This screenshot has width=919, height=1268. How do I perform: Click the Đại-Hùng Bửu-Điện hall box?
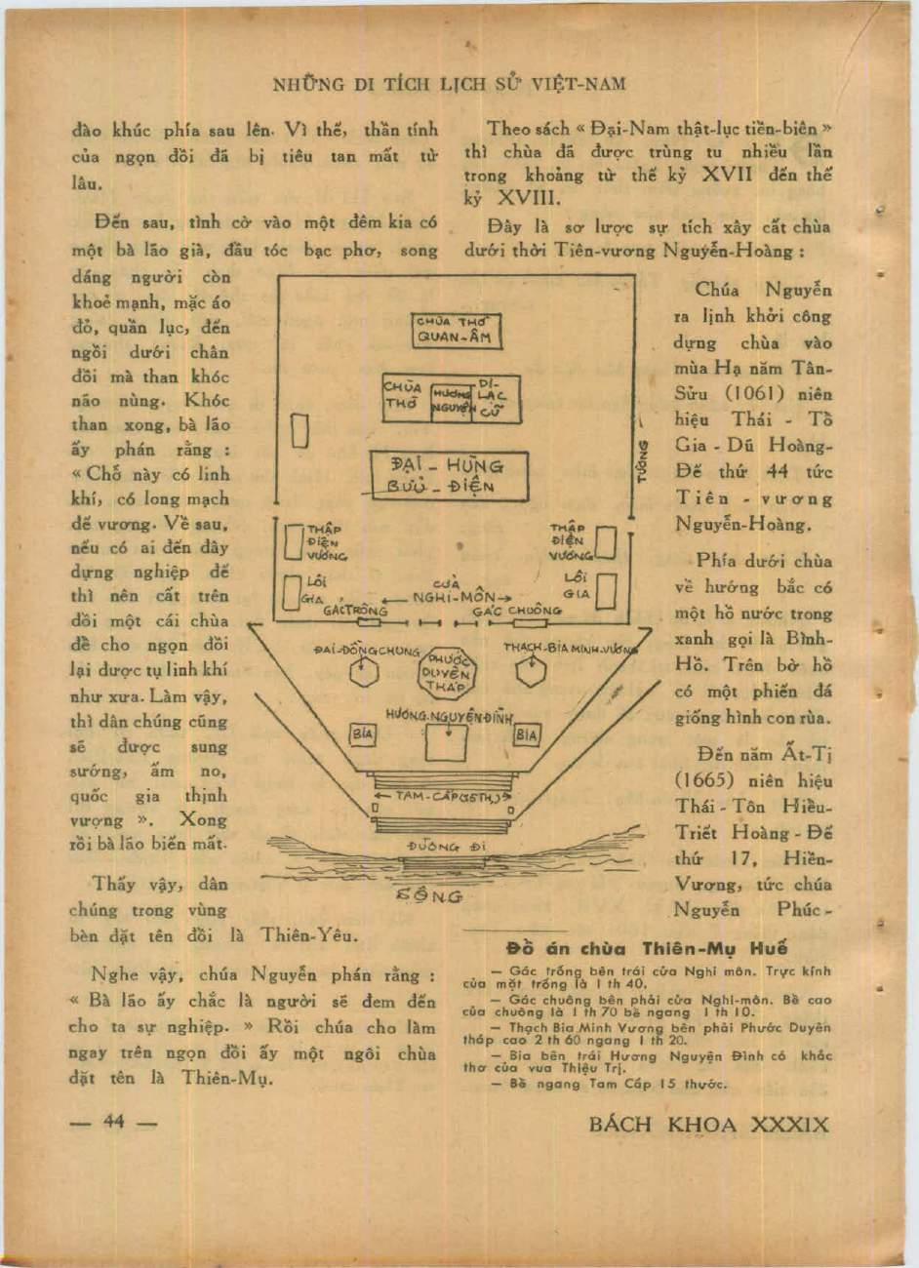click(x=449, y=475)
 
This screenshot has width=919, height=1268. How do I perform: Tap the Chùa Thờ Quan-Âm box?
click(x=457, y=331)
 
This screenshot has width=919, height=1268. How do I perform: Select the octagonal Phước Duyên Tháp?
click(x=448, y=672)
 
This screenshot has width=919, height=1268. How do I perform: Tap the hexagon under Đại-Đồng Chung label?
click(x=365, y=672)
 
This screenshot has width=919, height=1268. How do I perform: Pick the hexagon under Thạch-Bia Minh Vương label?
click(x=532, y=672)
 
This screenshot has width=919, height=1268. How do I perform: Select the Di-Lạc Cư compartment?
click(x=491, y=396)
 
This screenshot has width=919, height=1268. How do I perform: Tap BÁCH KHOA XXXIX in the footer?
click(x=709, y=1124)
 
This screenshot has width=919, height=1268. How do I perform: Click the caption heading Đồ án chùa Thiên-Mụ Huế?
click(x=647, y=948)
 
